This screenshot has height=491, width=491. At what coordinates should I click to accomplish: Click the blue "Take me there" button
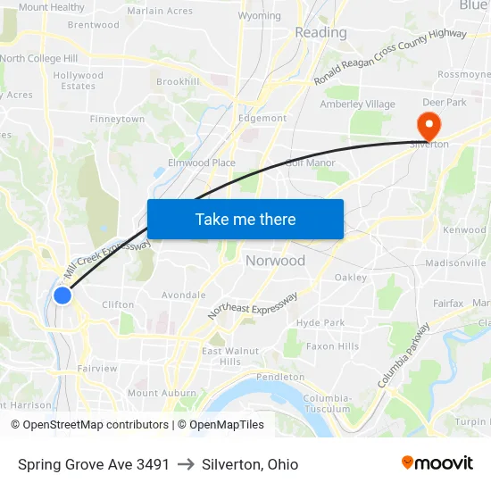(245, 219)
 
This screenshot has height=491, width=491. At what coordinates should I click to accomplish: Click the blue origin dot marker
(62, 295)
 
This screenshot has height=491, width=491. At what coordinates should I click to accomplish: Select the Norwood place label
(275, 261)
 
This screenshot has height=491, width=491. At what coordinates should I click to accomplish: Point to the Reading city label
(320, 33)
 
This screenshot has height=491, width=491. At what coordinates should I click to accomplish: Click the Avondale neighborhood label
(183, 295)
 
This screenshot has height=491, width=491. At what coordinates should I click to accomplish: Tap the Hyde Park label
(320, 322)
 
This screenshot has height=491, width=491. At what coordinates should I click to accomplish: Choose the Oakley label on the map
(351, 277)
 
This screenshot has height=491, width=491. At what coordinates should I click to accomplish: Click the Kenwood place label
(465, 230)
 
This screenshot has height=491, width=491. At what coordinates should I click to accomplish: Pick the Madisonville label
(455, 263)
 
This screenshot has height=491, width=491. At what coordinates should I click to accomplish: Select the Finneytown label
(117, 119)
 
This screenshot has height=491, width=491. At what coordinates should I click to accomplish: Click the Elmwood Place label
(202, 162)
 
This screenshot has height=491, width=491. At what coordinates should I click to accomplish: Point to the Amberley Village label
(357, 104)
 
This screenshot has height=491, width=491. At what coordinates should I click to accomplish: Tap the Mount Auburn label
(162, 393)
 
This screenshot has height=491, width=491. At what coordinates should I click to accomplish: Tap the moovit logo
(437, 462)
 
